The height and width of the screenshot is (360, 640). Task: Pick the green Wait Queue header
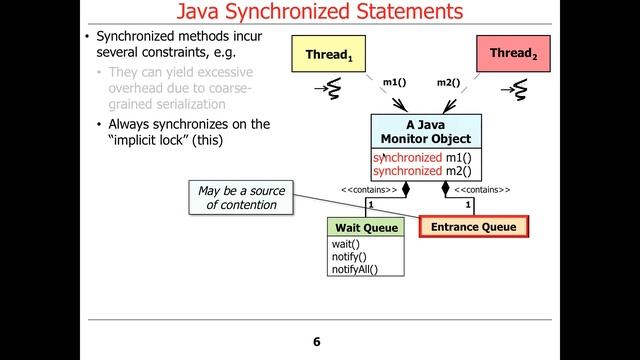click(366, 228)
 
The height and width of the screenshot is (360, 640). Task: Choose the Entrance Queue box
click(474, 227)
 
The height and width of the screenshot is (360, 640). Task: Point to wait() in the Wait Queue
click(345, 245)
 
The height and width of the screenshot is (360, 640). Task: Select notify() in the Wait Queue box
click(349, 257)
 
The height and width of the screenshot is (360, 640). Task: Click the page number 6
click(316, 343)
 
